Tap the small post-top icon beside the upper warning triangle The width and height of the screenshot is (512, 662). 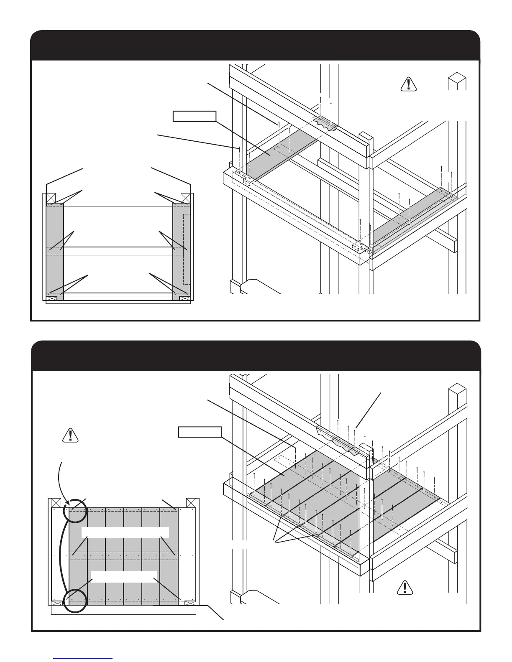click(x=457, y=81)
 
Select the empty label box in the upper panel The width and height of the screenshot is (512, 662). click(x=195, y=116)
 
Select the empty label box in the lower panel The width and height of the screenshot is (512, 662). click(x=200, y=432)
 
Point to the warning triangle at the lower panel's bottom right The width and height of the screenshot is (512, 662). click(x=405, y=587)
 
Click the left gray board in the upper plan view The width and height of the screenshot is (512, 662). click(x=55, y=251)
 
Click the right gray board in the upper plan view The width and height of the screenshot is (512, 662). click(x=181, y=251)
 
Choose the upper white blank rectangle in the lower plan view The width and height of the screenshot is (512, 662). click(x=125, y=532)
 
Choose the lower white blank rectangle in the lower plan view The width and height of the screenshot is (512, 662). click(x=124, y=576)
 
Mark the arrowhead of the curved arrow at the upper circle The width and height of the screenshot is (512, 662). click(x=67, y=505)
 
